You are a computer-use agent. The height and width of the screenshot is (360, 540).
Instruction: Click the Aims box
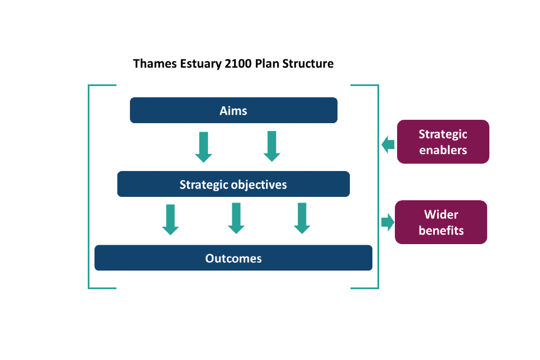pos(233,110)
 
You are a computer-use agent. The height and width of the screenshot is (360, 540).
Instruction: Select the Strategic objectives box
pos(233,184)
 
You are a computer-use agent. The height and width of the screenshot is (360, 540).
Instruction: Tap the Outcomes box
pos(233,258)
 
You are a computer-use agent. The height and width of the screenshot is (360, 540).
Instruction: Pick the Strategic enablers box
pos(443,142)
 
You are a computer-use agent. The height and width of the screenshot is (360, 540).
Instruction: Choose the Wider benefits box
pos(441,222)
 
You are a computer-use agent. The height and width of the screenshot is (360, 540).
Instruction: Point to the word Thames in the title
pos(155,64)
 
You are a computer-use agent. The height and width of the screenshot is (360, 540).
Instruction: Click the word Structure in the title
pos(308,64)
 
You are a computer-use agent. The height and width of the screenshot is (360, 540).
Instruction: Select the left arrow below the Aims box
pos(204,147)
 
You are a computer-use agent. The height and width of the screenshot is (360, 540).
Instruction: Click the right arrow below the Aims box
pos(272,146)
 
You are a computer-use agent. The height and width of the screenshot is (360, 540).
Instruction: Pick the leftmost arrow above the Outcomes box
pos(170,220)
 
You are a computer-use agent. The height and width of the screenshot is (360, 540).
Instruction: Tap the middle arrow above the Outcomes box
pos(236,218)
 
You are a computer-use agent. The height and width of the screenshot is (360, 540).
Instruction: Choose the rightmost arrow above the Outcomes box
pos(302,218)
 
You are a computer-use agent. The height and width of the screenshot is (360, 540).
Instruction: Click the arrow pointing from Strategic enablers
pos(388,145)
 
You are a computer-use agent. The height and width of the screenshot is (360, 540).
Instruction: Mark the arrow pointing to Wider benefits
pos(388,222)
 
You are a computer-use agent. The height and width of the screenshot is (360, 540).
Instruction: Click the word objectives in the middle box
pos(259,185)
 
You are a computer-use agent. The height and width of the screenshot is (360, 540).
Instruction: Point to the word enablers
pos(443,150)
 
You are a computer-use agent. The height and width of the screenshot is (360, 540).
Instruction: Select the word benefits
pos(441,231)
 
